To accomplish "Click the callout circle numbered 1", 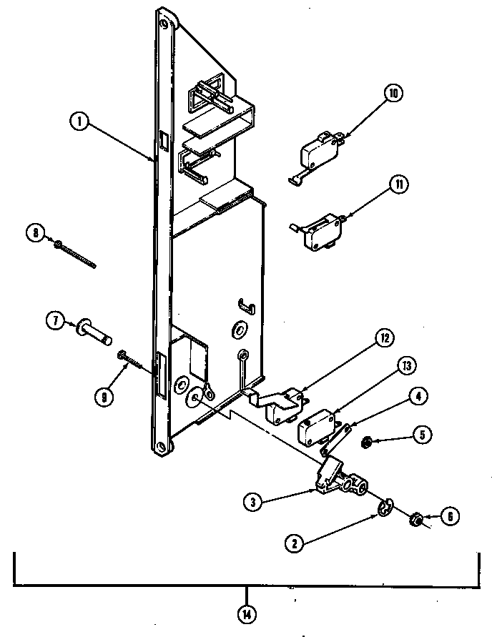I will (80, 122).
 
